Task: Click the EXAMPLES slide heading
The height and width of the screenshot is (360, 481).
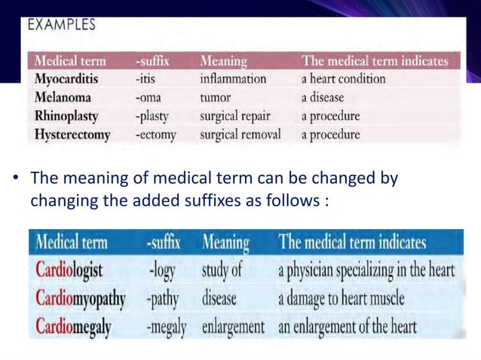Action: [x=62, y=25]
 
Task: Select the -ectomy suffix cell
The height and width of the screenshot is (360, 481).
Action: [x=155, y=136]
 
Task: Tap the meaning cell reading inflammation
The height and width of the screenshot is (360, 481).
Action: [x=233, y=79]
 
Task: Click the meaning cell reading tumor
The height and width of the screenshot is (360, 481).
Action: [x=216, y=98]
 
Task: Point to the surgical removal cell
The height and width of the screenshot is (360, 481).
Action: [x=240, y=136]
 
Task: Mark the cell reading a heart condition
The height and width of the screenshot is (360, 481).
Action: [x=343, y=79]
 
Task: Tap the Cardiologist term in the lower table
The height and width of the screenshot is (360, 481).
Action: [x=69, y=270]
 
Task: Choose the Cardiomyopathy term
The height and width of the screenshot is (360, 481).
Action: [x=81, y=298]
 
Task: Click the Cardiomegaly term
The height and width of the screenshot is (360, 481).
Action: [x=73, y=327]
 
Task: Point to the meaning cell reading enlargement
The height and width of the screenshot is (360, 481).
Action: [x=233, y=328]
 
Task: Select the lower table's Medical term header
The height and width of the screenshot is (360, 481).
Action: [x=72, y=243]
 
